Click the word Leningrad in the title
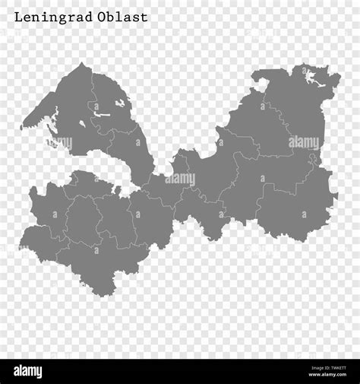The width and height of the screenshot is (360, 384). [x=52, y=17]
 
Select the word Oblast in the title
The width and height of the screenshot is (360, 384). [x=123, y=17]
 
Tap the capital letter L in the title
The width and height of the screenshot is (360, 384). [x=18, y=17]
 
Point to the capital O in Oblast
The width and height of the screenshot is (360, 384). [x=103, y=17]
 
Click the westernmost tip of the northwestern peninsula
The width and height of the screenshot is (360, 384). [x=22, y=125]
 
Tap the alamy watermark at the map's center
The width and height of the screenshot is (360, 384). [x=180, y=179]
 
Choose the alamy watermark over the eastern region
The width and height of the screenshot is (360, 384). [x=304, y=142]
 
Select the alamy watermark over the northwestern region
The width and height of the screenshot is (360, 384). [x=57, y=142]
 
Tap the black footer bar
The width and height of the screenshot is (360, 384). [x=180, y=371]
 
